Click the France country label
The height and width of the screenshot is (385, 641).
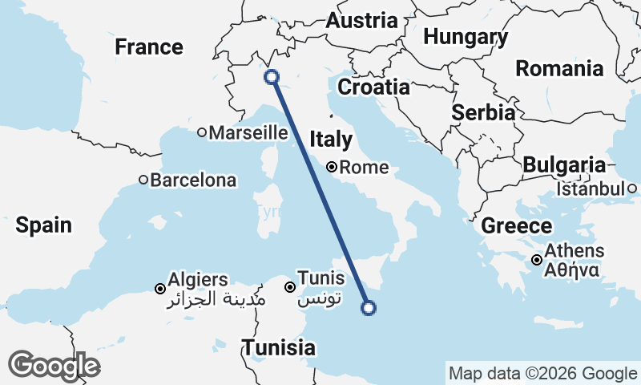point(149,47)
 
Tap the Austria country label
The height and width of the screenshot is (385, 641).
point(361,21)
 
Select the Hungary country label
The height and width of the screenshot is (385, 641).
point(466,37)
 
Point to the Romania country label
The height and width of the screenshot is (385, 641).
point(559,68)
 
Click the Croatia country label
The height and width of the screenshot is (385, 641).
point(373,87)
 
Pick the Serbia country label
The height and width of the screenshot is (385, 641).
point(482,113)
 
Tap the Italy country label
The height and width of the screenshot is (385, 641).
point(331,140)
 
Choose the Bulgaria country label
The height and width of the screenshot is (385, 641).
point(564,166)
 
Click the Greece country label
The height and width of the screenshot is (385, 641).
point(517,226)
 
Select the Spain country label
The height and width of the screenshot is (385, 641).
point(44,225)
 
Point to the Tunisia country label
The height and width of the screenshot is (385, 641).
point(279,348)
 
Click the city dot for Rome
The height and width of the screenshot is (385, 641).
point(332,168)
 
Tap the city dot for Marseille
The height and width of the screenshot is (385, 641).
point(202,133)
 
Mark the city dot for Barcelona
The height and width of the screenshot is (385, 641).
point(143,180)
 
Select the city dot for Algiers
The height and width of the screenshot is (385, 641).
point(160,288)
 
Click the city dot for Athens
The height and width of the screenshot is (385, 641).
point(537,259)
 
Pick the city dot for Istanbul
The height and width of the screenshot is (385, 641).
point(632,188)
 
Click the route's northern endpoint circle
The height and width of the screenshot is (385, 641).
point(272,77)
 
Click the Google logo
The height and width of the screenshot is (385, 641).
point(54,366)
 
